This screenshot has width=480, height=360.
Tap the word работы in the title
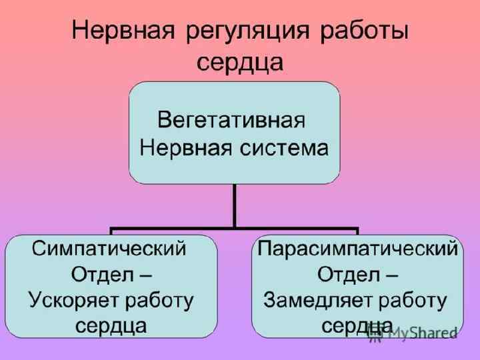pos(359,33)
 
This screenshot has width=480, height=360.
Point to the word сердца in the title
pos(240,63)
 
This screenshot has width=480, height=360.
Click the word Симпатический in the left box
pos(110,249)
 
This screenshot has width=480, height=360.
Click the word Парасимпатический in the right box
pos(357,249)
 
